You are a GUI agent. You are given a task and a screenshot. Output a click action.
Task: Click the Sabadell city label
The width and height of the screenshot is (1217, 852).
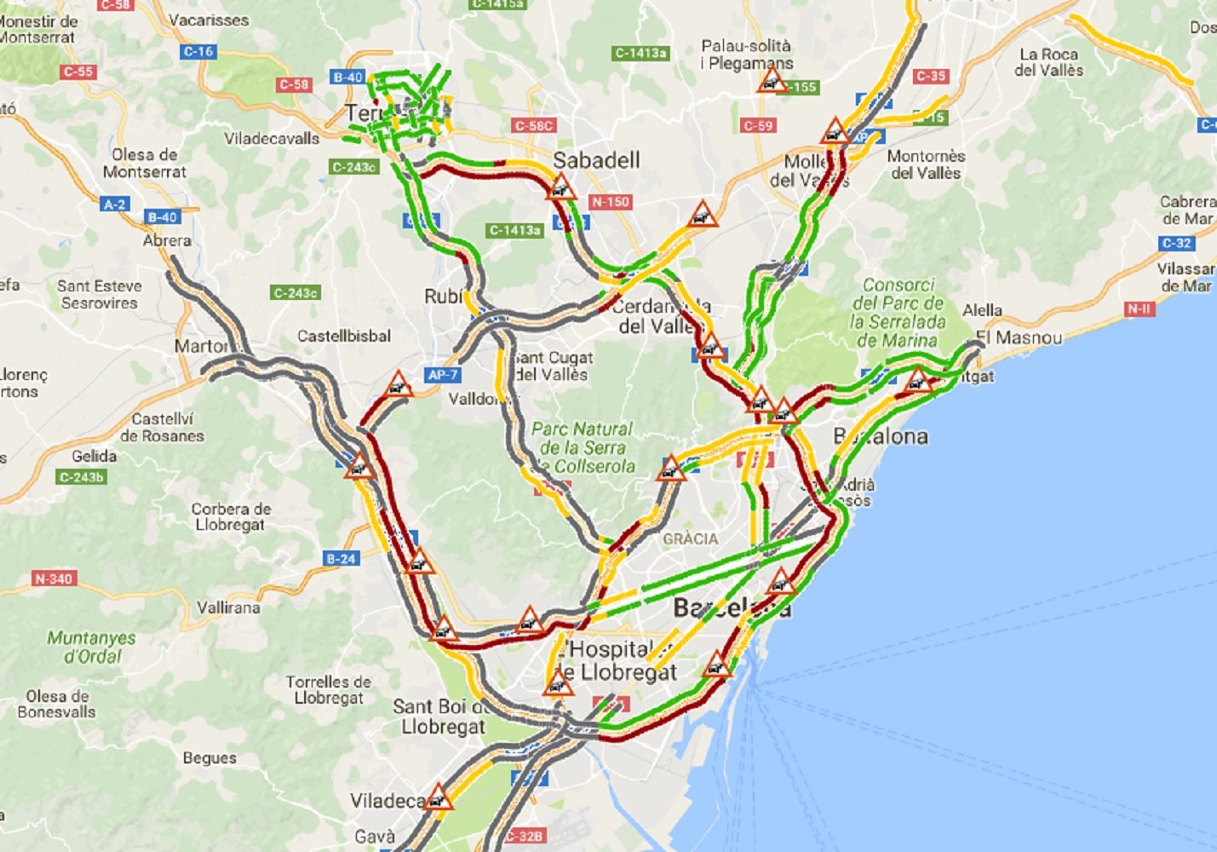(596, 160)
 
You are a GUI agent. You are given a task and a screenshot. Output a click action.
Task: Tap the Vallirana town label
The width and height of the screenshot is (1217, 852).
(228, 607)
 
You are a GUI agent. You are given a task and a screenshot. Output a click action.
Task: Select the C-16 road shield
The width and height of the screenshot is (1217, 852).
(198, 52)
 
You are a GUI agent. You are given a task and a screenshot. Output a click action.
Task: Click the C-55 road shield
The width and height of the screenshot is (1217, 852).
(78, 72)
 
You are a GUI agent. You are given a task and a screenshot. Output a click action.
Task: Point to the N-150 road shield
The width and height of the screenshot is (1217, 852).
(611, 202)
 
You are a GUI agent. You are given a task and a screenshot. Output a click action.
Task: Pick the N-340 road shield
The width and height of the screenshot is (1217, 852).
(54, 579)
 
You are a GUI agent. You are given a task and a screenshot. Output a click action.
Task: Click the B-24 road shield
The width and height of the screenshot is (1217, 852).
(341, 559)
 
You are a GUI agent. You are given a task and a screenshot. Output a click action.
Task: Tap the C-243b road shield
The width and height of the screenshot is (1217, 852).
(82, 477)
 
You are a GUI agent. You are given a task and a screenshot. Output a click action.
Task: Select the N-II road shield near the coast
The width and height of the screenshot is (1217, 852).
(1139, 308)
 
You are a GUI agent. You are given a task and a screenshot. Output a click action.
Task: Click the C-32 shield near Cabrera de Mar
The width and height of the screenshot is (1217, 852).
(1177, 243)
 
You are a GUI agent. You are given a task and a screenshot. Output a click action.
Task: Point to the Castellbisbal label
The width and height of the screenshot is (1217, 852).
(344, 337)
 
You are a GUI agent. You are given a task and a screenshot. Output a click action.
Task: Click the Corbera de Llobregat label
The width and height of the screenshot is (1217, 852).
(231, 516)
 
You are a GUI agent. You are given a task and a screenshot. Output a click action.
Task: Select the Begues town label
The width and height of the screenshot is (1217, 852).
(210, 757)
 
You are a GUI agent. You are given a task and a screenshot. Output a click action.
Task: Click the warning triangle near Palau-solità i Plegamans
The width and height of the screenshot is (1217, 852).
(772, 81)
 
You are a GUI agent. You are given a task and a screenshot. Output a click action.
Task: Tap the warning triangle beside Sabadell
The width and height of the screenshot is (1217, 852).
(560, 187)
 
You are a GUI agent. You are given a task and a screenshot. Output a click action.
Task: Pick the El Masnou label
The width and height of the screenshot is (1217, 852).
(1019, 338)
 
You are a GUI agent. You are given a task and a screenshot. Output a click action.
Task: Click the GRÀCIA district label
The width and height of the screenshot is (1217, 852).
(690, 538)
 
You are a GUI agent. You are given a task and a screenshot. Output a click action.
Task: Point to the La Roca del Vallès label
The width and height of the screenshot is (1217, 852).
(1048, 62)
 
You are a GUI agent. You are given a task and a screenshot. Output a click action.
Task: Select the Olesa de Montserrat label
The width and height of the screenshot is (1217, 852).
(144, 163)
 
